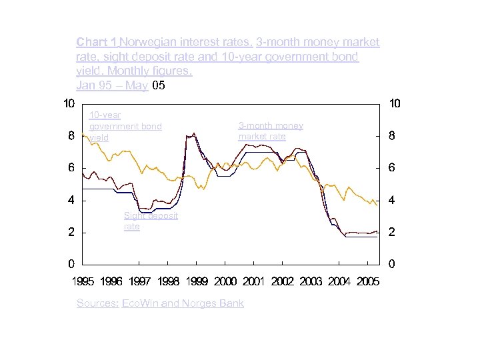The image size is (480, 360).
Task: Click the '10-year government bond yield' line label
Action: point(125,126)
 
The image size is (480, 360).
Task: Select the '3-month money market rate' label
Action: point(270,131)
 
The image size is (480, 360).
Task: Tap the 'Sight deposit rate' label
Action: point(150,221)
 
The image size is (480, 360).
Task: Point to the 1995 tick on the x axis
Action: point(83,282)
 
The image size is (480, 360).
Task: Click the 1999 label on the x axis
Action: point(197,282)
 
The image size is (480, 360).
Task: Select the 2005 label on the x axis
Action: point(368,282)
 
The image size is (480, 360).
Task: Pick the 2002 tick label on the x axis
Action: point(283,282)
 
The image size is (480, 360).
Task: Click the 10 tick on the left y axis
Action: point(68,103)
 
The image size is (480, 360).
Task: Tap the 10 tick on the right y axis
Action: point(394,103)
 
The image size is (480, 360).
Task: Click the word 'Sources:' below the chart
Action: point(97,303)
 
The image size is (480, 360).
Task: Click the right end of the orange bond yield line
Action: point(377,205)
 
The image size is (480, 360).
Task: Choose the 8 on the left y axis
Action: point(71,136)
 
